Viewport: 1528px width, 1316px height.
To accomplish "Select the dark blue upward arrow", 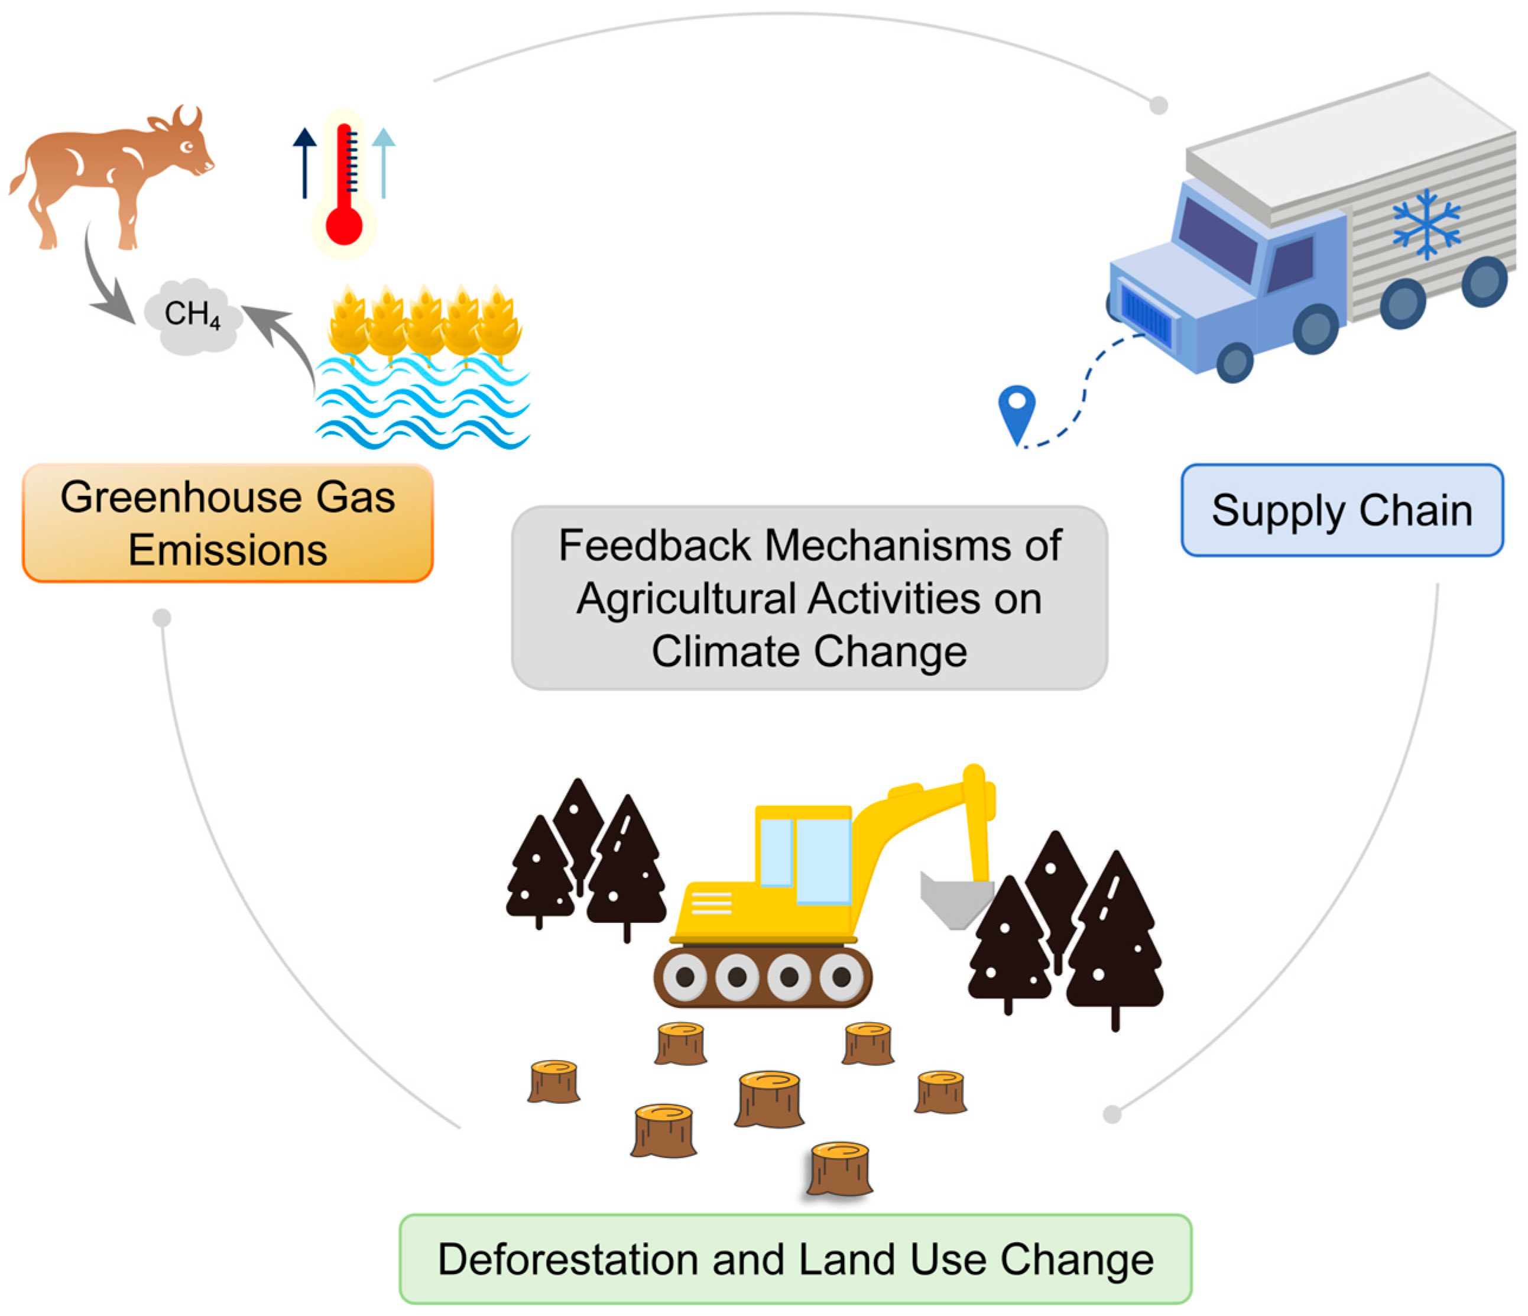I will [304, 163].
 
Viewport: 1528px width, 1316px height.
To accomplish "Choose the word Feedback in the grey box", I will [655, 546].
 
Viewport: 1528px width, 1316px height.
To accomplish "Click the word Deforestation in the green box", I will [568, 1259].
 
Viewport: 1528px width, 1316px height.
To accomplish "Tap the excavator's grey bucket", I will [956, 899].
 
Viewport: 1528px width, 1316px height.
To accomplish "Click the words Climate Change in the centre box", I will [809, 651].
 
